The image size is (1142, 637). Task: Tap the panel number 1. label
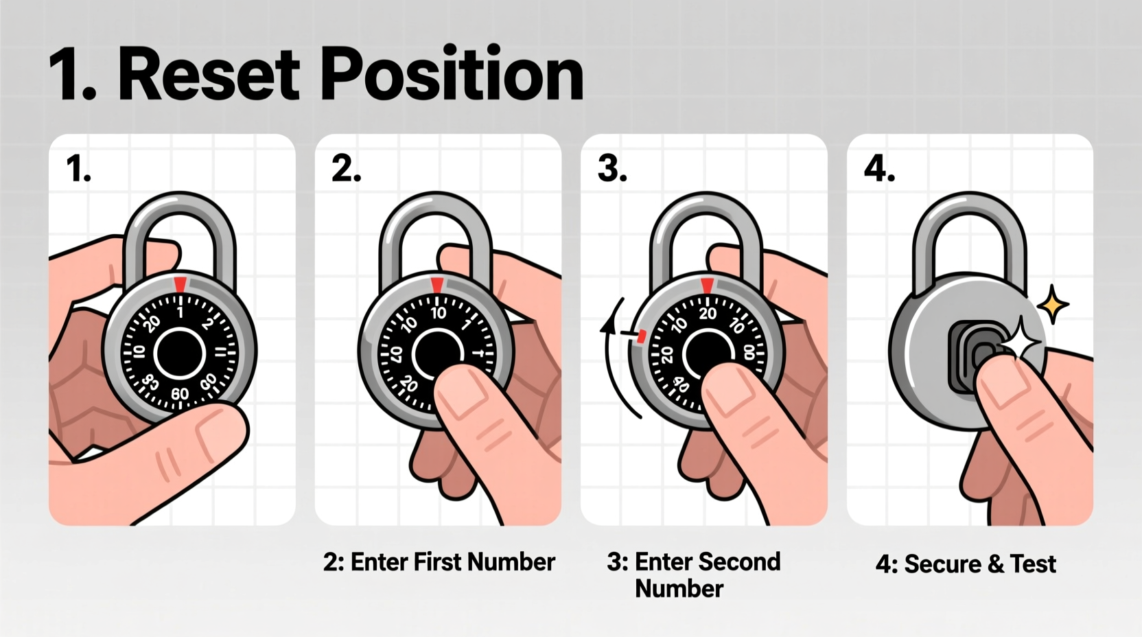tap(78, 169)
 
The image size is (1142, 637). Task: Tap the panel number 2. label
tap(346, 169)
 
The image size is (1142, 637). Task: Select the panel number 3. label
tap(612, 169)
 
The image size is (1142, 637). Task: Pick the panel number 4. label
tap(879, 169)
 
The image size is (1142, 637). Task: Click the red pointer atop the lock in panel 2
tap(436, 284)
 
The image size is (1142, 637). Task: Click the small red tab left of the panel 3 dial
tap(642, 336)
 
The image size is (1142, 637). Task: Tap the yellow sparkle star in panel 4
tap(1053, 305)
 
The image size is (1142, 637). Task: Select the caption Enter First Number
tap(439, 562)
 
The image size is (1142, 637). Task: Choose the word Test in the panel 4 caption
tap(1033, 564)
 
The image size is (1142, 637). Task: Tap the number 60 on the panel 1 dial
tap(180, 393)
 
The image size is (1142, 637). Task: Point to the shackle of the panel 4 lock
tap(968, 227)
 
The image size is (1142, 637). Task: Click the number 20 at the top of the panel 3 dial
tap(707, 314)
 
